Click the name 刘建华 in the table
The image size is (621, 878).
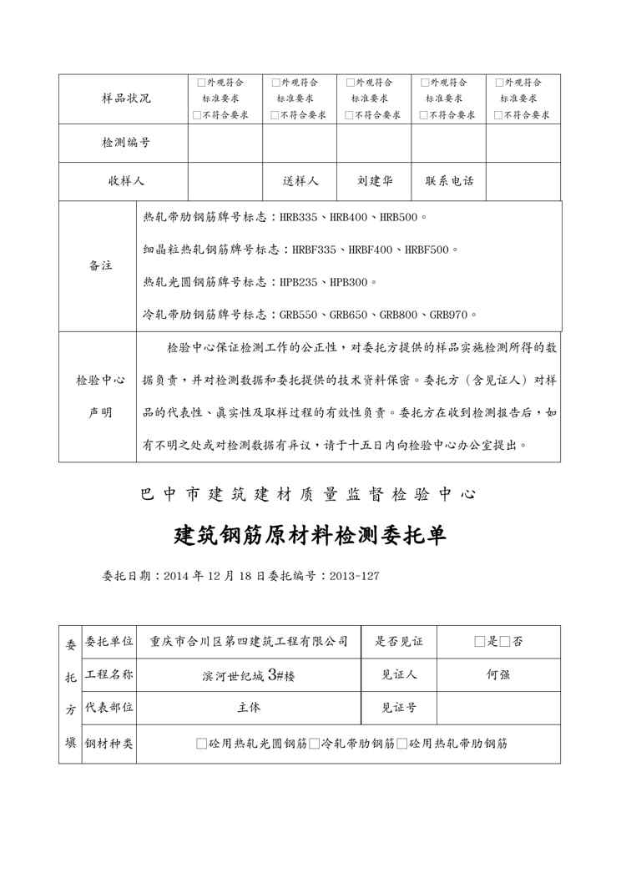tap(374, 181)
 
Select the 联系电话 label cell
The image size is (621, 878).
tap(449, 181)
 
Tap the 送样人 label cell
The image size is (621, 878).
tap(300, 181)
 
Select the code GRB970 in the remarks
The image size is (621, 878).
tap(450, 315)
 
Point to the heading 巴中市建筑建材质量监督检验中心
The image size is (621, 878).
tap(310, 494)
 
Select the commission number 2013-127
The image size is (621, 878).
tap(355, 576)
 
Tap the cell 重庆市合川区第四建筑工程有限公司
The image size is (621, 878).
tap(248, 642)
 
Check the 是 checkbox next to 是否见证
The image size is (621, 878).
tap(479, 642)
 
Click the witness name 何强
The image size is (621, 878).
tap(498, 674)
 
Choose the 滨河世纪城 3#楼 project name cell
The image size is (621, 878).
tap(248, 675)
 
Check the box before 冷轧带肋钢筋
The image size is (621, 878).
tap(314, 743)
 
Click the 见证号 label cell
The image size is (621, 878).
tap(399, 708)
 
